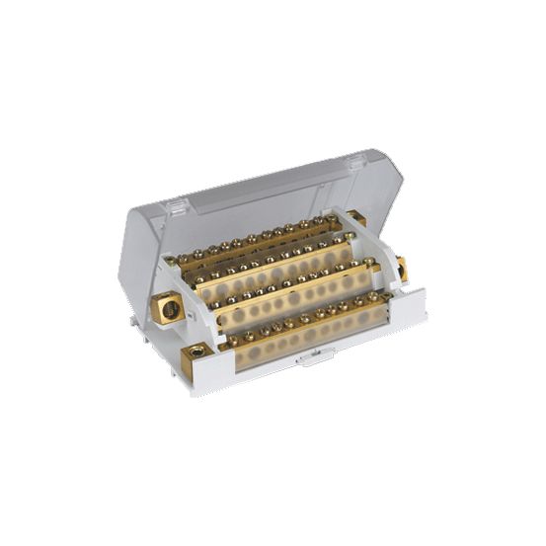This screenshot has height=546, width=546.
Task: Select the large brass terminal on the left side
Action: pos(169,309)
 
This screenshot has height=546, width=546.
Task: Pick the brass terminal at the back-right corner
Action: pos(357,218)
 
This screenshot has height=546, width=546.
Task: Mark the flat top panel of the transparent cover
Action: pos(267,193)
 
